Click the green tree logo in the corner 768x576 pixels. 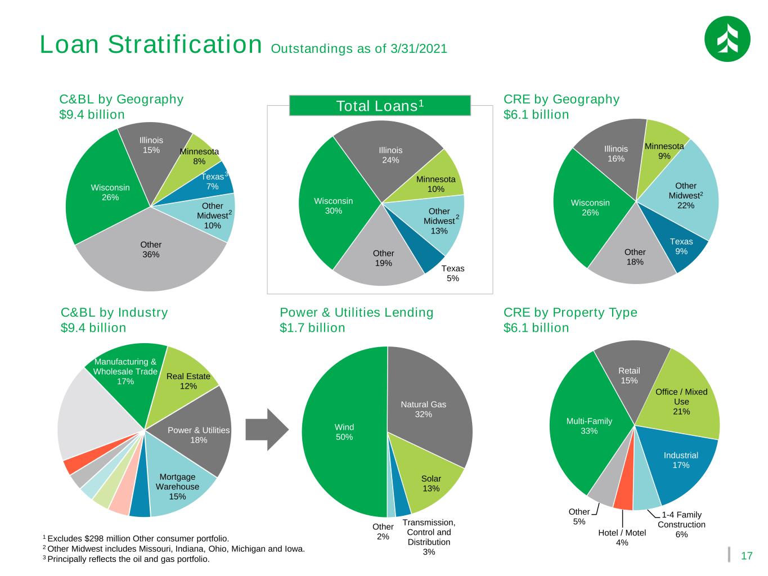click(x=727, y=39)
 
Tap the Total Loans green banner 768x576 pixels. click(x=380, y=105)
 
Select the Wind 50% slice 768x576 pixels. click(x=345, y=431)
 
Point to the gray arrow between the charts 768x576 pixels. click(x=267, y=429)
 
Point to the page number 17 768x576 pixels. click(x=746, y=556)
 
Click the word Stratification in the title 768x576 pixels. click(x=185, y=44)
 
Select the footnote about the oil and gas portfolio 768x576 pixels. click(x=126, y=559)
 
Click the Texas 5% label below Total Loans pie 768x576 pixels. click(x=452, y=273)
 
